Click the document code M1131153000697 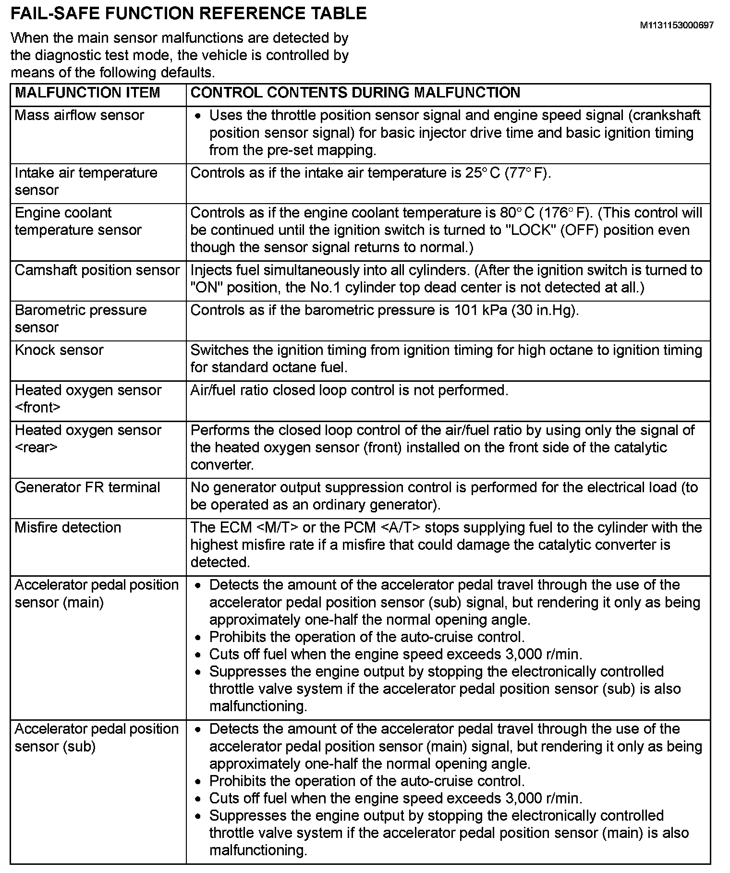(676, 25)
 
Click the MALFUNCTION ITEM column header (87, 93)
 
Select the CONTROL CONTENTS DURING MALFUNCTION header (355, 93)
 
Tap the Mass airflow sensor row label (79, 115)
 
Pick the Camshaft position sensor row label (97, 270)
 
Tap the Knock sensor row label (59, 350)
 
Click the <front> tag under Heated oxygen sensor (38, 408)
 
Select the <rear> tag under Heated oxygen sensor (36, 448)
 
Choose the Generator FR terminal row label (87, 487)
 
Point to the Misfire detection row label (68, 528)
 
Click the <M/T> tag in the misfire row (278, 528)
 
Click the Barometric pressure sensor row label (80, 318)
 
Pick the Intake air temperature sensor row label (86, 181)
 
